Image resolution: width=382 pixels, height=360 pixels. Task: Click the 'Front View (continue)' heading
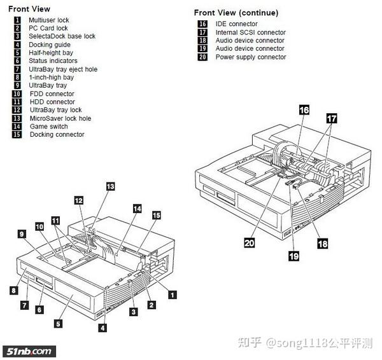(236, 13)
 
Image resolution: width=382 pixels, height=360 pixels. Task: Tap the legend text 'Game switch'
(48, 126)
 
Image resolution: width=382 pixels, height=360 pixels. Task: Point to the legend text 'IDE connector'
(236, 24)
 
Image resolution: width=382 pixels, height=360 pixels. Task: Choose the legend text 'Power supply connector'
(250, 57)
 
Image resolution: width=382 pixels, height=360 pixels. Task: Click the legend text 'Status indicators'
(53, 61)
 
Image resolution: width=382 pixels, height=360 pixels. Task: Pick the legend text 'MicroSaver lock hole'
(60, 118)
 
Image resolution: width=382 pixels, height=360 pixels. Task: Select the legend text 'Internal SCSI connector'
(250, 32)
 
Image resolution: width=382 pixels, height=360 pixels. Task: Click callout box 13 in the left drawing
(110, 186)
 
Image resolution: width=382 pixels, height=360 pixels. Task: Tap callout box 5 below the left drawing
(58, 323)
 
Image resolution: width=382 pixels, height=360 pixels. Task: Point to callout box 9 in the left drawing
(21, 235)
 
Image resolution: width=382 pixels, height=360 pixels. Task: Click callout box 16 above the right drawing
(304, 110)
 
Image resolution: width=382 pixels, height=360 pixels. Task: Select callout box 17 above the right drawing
(332, 118)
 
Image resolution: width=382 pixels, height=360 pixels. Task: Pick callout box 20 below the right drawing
(250, 242)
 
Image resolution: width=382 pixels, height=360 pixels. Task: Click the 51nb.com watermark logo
(29, 350)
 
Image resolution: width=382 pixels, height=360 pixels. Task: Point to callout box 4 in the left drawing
(103, 328)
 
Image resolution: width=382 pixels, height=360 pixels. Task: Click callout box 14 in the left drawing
(137, 208)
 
